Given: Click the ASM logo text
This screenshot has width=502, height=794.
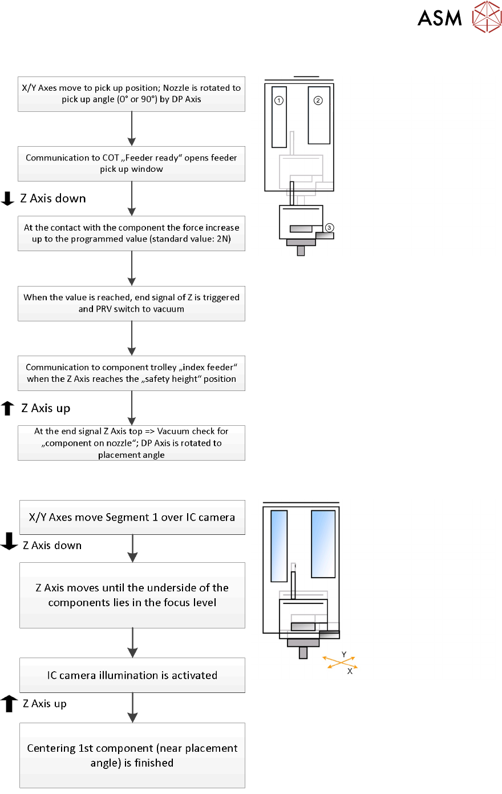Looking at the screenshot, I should pos(439,18).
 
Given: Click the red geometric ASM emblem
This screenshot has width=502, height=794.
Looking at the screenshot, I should pos(487,17).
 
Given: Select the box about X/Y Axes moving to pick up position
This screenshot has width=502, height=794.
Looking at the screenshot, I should pos(132,94).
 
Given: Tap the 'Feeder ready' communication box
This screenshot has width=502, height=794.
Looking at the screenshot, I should pos(132,164).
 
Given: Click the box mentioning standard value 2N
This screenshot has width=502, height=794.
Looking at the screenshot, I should pos(132,233).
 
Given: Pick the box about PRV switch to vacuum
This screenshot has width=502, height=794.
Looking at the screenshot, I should pos(132,303).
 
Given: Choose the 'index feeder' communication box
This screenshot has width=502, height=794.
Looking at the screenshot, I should pos(132,373).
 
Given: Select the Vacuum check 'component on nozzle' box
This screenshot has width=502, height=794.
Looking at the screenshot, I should pos(132,443).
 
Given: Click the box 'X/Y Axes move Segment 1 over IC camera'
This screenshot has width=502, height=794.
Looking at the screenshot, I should pos(132,517).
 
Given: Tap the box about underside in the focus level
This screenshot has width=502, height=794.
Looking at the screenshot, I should pos(132,595).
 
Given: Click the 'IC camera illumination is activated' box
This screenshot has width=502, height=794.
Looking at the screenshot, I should pos(132,675).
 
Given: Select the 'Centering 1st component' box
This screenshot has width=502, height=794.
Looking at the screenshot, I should pos(132,755).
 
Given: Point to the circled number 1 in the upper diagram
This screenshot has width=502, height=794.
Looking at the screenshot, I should pos(279,100).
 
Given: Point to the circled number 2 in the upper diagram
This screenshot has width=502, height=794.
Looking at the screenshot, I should pos(318,100).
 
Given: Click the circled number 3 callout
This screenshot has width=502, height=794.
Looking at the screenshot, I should pos(329,228).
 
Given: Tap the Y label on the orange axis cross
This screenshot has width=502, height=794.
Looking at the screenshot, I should pos(344,655).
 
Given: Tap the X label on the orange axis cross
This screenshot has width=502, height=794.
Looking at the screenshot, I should pos(350,672).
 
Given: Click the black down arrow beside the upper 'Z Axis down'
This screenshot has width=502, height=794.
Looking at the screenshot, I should pos(8,199).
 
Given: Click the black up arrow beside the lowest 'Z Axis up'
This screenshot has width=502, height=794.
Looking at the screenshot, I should pos(9,704).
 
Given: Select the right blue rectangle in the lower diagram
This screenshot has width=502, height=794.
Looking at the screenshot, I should pos(323,544).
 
